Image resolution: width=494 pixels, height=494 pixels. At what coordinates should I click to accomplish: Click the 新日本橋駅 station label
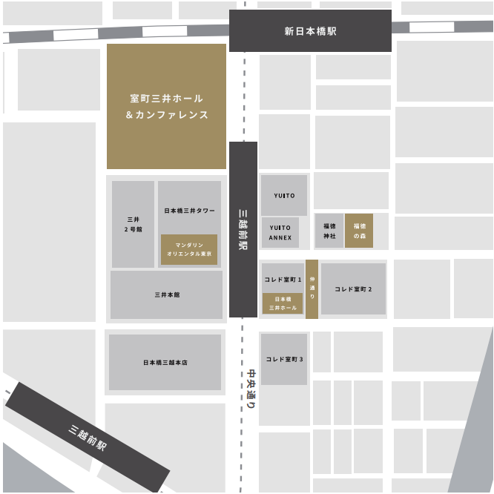coord(310,31)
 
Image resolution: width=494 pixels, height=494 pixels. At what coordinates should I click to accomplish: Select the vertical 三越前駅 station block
coord(243,229)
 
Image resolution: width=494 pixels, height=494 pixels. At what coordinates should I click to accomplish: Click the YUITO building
coord(283,196)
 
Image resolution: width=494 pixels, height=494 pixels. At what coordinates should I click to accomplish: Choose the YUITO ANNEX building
coord(280,232)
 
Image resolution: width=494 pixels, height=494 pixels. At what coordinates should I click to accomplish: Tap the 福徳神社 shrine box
coord(329,231)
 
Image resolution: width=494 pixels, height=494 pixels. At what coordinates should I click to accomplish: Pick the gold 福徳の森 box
coord(359,231)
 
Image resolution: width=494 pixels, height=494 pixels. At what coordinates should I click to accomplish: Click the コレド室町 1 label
coord(283,280)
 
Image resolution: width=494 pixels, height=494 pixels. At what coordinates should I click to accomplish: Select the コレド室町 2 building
coord(353,289)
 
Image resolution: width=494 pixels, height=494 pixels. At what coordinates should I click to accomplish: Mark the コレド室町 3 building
coord(284,359)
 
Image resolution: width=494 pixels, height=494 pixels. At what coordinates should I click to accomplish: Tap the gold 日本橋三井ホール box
coord(283,303)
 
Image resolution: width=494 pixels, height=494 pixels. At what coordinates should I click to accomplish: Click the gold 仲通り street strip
coord(312,289)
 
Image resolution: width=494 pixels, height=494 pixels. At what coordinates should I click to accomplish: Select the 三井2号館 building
coord(134,224)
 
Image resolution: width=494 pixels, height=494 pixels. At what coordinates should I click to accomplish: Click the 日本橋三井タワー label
coord(189,211)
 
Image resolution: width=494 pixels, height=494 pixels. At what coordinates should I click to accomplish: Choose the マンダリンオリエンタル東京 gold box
coord(189,249)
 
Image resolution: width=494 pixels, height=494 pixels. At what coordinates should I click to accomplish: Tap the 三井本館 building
coord(166,294)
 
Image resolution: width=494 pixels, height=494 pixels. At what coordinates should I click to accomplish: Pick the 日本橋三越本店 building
coord(165,362)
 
